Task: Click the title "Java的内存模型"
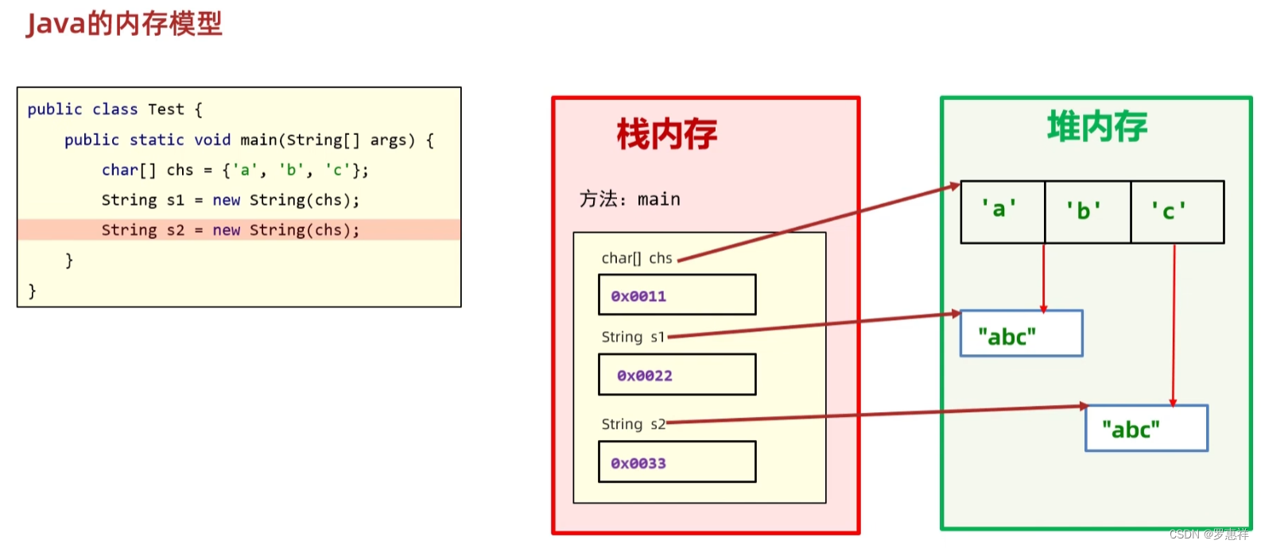(124, 24)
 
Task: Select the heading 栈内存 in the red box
(666, 133)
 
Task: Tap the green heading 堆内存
(1096, 127)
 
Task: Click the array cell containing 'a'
(1002, 211)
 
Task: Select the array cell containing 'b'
(1087, 211)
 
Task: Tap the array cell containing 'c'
(1176, 211)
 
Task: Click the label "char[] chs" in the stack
(637, 258)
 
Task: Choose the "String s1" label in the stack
(633, 337)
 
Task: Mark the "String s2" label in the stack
(633, 424)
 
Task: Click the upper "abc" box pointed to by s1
(1021, 334)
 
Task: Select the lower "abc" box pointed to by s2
(1146, 429)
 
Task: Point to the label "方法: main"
(630, 199)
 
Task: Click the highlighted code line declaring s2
(231, 230)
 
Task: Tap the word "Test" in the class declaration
(165, 110)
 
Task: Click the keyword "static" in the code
(157, 140)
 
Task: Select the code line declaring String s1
(231, 200)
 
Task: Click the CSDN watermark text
(1209, 534)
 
